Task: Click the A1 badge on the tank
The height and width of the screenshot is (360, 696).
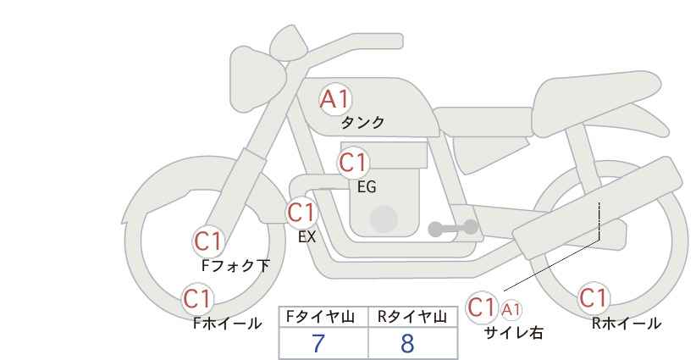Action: (334, 99)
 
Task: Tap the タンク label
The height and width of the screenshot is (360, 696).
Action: (362, 123)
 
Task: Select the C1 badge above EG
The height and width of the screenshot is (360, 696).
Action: (353, 162)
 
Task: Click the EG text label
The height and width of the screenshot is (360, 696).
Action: (367, 187)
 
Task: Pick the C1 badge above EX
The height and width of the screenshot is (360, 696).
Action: (301, 212)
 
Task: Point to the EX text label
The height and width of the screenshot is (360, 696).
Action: (307, 237)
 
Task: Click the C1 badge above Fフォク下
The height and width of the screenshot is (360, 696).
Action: (207, 241)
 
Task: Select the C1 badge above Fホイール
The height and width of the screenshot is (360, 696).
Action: (198, 298)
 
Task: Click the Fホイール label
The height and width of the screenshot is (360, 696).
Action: (227, 323)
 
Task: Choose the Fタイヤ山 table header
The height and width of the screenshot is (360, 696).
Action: (323, 317)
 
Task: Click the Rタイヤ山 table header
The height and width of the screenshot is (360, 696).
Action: (412, 317)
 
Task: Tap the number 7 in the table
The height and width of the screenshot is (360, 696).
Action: (318, 344)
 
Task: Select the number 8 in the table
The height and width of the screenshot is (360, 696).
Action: (408, 344)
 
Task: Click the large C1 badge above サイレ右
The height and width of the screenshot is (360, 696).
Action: (483, 306)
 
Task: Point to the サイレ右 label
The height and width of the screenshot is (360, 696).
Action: (513, 333)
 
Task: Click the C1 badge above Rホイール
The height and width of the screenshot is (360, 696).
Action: (594, 298)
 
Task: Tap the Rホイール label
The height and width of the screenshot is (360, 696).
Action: (627, 323)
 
